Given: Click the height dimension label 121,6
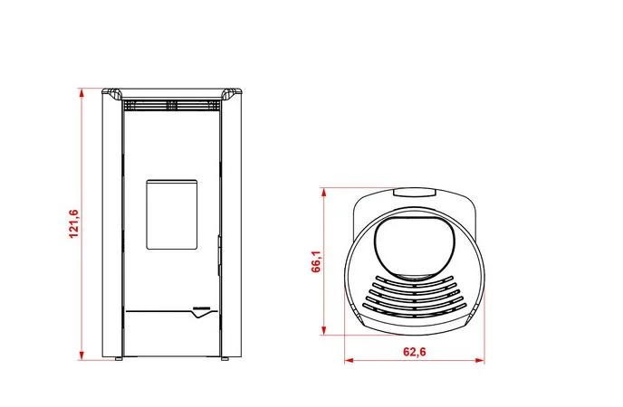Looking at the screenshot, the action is click(x=74, y=223).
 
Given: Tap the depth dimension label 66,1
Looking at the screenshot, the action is click(x=316, y=261).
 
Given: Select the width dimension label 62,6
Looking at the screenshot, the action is click(x=415, y=352).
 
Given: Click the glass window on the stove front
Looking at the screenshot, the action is click(x=172, y=214).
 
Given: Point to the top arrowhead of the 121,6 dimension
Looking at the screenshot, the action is click(x=81, y=93).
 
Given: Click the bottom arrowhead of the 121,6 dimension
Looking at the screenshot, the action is click(x=81, y=355).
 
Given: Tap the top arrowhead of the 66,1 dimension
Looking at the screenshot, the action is click(x=324, y=193).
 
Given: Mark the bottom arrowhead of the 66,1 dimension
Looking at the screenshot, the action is click(x=324, y=330).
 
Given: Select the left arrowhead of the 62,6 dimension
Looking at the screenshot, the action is click(x=350, y=360).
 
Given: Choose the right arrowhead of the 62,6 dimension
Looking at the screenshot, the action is click(x=480, y=360).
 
